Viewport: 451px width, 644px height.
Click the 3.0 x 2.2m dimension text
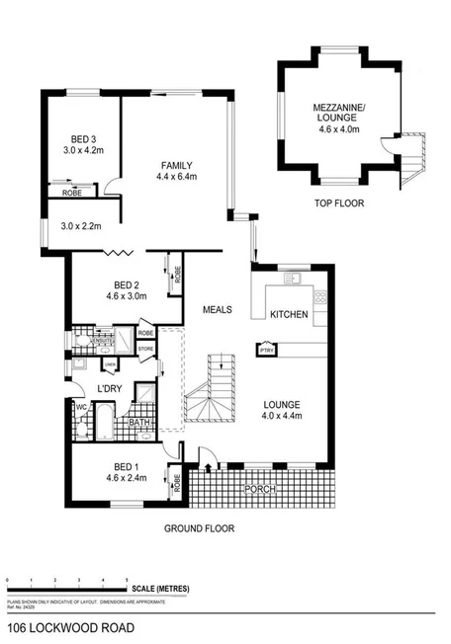click(x=80, y=227)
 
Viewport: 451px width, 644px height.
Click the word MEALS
click(x=217, y=309)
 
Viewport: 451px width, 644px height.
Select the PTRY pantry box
click(x=265, y=349)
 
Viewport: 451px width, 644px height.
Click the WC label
click(x=83, y=407)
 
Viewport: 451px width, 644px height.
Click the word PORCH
click(x=260, y=489)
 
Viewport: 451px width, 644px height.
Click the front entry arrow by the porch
click(x=209, y=455)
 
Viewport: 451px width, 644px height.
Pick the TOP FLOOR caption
click(x=339, y=203)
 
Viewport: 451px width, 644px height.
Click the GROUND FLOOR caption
click(x=199, y=528)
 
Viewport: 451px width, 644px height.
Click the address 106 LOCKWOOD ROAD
click(x=68, y=627)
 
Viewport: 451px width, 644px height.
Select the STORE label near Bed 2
click(x=146, y=348)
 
